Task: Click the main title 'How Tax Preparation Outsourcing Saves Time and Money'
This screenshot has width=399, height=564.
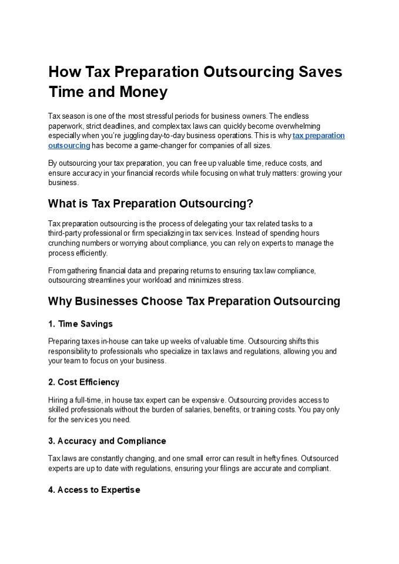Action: (195, 82)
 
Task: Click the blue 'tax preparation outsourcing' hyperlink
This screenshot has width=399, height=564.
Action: (318, 136)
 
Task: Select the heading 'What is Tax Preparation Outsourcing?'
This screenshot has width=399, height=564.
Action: (150, 204)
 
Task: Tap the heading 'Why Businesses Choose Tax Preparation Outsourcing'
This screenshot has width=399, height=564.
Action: (194, 301)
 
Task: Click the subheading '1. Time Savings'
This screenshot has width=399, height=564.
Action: (80, 324)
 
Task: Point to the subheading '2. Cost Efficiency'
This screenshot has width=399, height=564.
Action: (83, 382)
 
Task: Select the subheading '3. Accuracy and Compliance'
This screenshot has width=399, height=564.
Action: (107, 441)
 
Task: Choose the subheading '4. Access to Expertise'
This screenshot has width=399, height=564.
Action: (94, 490)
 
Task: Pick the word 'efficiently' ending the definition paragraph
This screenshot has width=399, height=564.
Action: (92, 253)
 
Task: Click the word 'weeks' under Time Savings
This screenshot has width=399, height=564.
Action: (188, 341)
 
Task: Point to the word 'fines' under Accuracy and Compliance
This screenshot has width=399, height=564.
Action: (271, 459)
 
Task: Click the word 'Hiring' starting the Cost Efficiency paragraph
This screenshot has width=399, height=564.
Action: (58, 400)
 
